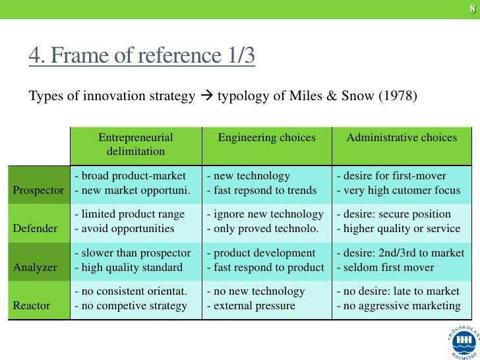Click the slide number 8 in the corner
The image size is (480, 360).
point(472,9)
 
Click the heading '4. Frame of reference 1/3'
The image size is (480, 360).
point(141,58)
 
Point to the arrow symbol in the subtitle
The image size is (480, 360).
point(206,96)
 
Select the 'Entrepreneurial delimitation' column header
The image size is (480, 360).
point(135,144)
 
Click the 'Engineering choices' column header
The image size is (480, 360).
point(266,138)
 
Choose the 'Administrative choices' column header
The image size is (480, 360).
point(402,138)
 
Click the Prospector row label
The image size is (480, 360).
point(38,191)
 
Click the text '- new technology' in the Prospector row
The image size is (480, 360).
point(248,176)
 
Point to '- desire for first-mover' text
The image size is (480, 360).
point(391,176)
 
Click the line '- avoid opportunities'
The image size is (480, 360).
point(125,229)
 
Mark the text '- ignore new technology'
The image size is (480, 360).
point(265,214)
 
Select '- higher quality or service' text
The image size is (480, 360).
point(398,229)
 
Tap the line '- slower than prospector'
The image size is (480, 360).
point(133,253)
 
